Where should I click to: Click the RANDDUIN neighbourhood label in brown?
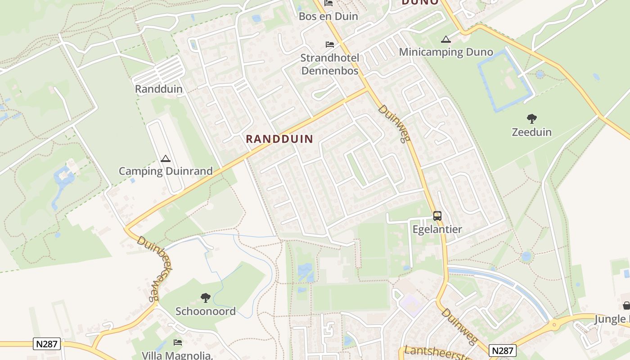click(279, 139)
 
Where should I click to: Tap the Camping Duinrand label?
click(166, 171)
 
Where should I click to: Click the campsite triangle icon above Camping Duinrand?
click(166, 158)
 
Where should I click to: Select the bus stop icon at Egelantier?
click(437, 216)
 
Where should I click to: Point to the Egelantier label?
click(437, 229)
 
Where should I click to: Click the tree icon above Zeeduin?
click(531, 119)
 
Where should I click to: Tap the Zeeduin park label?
click(531, 132)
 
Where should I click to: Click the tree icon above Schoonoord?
click(206, 297)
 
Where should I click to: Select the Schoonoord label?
click(206, 311)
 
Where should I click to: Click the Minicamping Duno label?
click(446, 52)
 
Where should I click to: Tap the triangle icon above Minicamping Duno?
click(446, 39)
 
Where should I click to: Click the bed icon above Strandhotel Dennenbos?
click(330, 44)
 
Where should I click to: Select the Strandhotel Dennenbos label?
click(330, 64)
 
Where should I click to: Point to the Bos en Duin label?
click(328, 16)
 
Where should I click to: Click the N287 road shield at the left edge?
click(47, 344)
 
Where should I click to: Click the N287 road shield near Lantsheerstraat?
click(503, 351)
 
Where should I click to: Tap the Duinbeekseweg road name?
click(149, 268)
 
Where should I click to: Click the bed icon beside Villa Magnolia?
click(178, 342)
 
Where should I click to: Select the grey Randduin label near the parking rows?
click(159, 89)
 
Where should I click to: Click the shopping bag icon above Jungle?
click(626, 306)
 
